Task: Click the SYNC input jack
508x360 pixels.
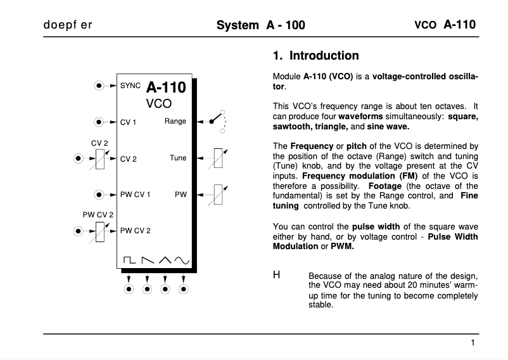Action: click(x=98, y=85)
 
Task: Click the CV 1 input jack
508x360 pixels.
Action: click(x=98, y=121)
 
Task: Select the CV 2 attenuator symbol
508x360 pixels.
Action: click(x=98, y=159)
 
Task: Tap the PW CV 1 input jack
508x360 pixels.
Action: click(x=98, y=195)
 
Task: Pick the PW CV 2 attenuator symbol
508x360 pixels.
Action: click(x=98, y=231)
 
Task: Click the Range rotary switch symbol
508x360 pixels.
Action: click(x=218, y=121)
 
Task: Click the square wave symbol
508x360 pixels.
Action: click(x=129, y=260)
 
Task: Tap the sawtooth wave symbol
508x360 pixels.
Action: click(x=147, y=260)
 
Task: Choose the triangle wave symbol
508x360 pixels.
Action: click(x=165, y=260)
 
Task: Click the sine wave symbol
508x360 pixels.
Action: click(x=182, y=260)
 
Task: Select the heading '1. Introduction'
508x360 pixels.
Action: click(x=315, y=56)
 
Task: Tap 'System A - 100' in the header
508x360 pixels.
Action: click(x=260, y=25)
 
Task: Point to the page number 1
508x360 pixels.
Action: click(x=473, y=343)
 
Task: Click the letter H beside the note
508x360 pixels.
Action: click(x=276, y=275)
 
